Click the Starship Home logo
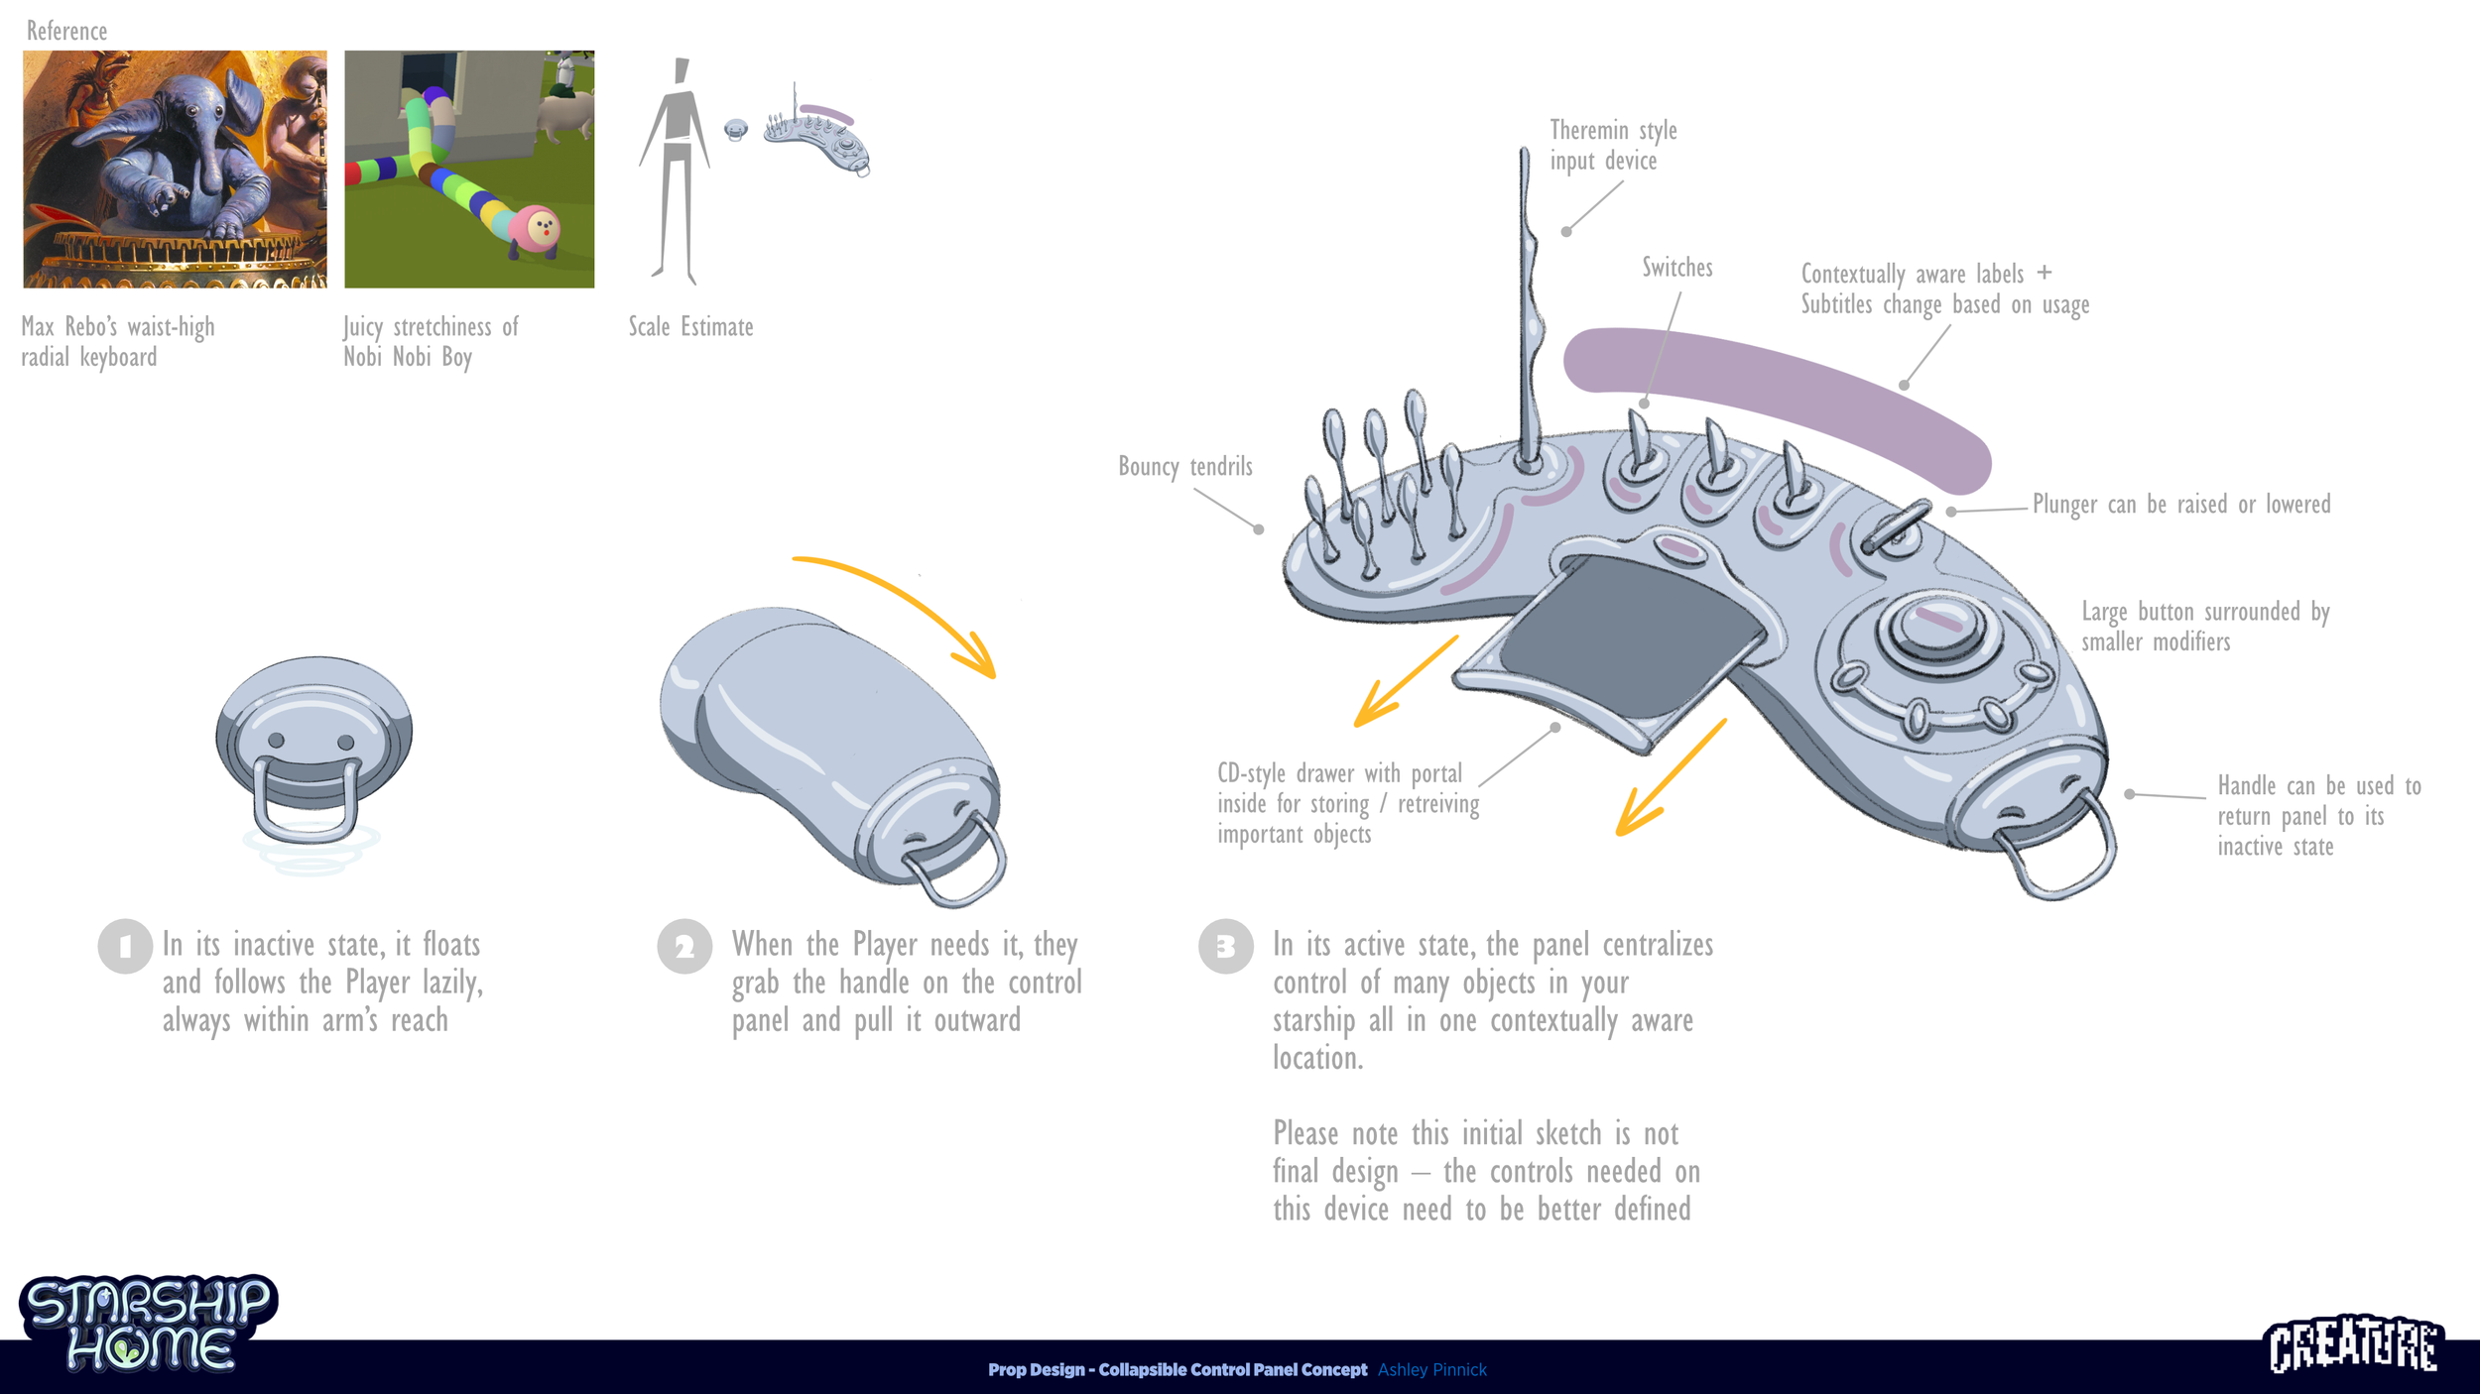pyautogui.click(x=149, y=1324)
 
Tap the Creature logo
pyautogui.click(x=2353, y=1345)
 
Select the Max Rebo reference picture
pyautogui.click(x=175, y=170)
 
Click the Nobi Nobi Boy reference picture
pyautogui.click(x=469, y=170)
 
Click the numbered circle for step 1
pyautogui.click(x=125, y=946)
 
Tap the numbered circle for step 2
pyautogui.click(x=684, y=946)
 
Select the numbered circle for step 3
pyautogui.click(x=1226, y=946)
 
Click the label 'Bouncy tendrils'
pyautogui.click(x=1184, y=466)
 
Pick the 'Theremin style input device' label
pyautogui.click(x=1612, y=145)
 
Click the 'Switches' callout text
pyautogui.click(x=1676, y=268)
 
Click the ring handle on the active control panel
pyautogui.click(x=2058, y=853)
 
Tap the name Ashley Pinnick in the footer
pyautogui.click(x=1431, y=1369)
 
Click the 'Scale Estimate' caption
pyautogui.click(x=690, y=326)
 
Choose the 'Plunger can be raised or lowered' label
pyautogui.click(x=2180, y=504)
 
